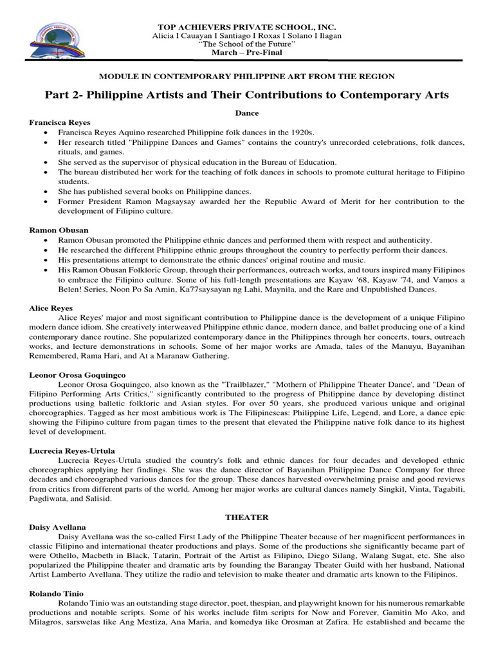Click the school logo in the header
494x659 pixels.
coord(54,39)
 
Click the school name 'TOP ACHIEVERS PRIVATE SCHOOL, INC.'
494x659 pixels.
coord(247,27)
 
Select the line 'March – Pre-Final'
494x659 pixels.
coord(247,52)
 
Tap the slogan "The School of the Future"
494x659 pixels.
coord(247,44)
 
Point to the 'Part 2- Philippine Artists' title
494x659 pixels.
coord(247,95)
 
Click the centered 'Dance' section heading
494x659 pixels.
coord(247,113)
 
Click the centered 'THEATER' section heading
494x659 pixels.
coord(247,517)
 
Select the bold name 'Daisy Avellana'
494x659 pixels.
coord(58,526)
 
